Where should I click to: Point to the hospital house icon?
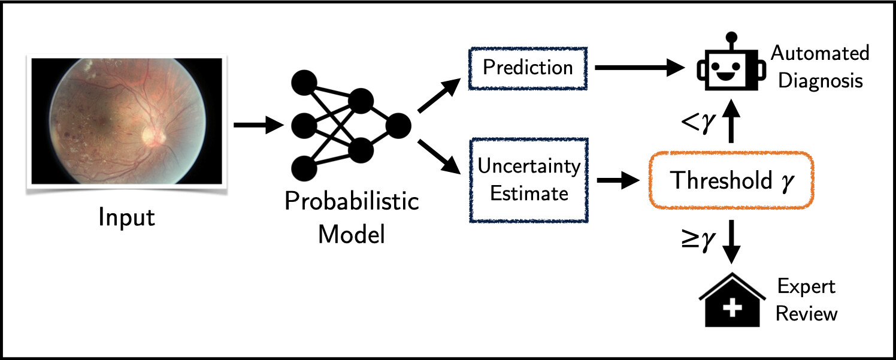[x=732, y=300]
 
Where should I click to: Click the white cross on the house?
[x=732, y=308]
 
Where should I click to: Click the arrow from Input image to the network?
[x=258, y=125]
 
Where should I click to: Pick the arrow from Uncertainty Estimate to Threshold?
[x=618, y=180]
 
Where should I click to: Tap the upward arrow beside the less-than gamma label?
[x=731, y=121]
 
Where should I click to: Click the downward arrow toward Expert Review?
[x=731, y=241]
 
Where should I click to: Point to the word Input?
[x=127, y=218]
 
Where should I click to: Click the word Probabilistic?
[x=352, y=201]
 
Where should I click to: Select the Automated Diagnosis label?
[x=820, y=67]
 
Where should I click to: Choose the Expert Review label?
[x=806, y=300]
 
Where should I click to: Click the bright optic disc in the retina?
[x=153, y=136]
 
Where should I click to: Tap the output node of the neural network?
[x=398, y=126]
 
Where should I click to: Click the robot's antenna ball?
[x=731, y=37]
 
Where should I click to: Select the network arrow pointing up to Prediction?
[x=439, y=95]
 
